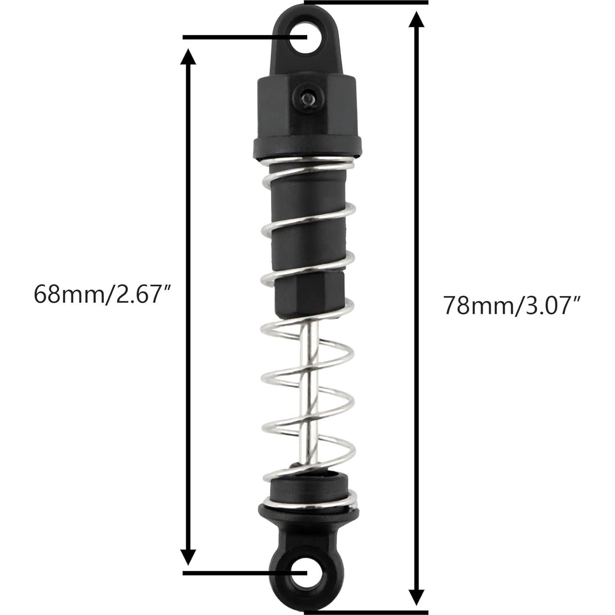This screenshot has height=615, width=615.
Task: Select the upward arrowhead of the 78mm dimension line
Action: [x=417, y=21]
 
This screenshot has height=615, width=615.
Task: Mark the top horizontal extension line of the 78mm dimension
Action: [x=366, y=2]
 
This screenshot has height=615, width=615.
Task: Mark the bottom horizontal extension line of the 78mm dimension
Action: [x=366, y=612]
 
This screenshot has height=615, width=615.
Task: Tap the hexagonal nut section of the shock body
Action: [x=309, y=294]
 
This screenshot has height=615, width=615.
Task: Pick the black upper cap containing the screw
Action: [x=306, y=107]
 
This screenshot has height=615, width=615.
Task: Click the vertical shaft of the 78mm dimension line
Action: [x=417, y=246]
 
